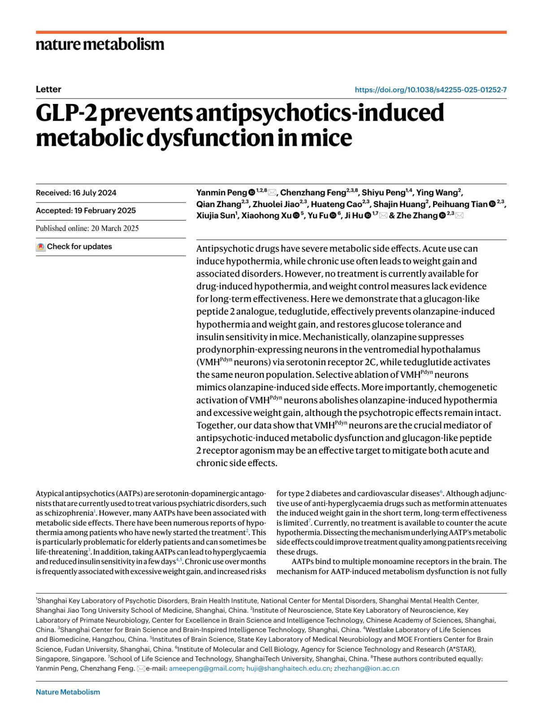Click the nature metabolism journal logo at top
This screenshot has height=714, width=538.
click(x=100, y=44)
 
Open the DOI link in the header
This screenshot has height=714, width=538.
click(x=430, y=90)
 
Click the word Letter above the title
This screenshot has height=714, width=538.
click(x=48, y=89)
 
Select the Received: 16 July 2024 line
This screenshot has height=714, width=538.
click(x=76, y=193)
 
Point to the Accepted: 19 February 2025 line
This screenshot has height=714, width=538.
click(x=86, y=211)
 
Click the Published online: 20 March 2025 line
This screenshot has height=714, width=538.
click(x=87, y=228)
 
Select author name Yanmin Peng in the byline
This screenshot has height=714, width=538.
click(x=221, y=193)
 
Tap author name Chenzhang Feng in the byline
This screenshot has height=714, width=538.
click(x=313, y=193)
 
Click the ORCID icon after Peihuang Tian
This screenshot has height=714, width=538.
click(x=492, y=204)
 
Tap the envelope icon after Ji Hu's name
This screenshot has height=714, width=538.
click(x=383, y=216)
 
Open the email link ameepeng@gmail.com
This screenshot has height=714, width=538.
click(x=205, y=668)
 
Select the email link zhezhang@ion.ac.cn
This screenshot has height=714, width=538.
click(x=366, y=668)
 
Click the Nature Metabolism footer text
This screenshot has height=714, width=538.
click(x=68, y=692)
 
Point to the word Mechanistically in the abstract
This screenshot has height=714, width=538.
click(x=320, y=337)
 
